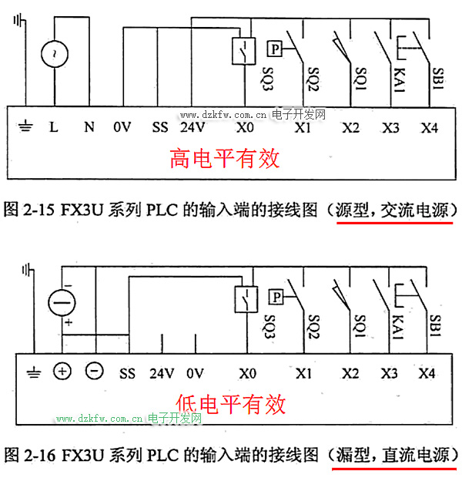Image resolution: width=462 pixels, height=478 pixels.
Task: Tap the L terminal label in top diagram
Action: pos(54,127)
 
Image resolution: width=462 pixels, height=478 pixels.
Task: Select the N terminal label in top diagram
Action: pos(89,127)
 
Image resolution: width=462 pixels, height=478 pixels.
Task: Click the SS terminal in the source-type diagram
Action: pos(159,127)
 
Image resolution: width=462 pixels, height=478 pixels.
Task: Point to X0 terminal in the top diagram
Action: pos(245,127)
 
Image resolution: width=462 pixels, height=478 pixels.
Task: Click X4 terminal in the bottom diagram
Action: pos(428,373)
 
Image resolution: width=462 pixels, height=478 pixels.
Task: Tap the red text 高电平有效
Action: pos(224,159)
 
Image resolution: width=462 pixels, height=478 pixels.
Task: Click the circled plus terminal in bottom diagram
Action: pos(62,372)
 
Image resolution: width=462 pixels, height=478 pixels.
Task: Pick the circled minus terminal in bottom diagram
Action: pos(94,372)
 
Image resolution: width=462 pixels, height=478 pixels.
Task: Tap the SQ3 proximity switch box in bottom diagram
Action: pos(245,297)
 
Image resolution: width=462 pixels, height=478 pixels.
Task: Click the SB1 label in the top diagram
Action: pos(437,79)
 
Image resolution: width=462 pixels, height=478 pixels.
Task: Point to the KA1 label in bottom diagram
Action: pos(398,323)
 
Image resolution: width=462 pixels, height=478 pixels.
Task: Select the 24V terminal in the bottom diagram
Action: pos(162,373)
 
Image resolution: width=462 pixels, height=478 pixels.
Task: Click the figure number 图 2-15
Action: pos(28,210)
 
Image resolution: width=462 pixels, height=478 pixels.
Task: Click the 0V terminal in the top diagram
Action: pos(122,127)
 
